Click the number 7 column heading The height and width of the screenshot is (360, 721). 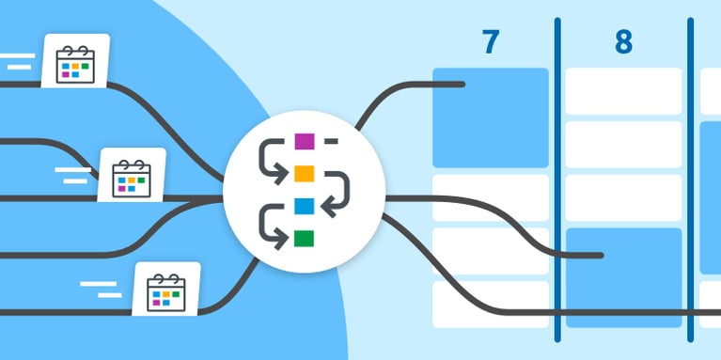tap(490, 42)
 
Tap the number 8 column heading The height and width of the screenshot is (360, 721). tap(623, 42)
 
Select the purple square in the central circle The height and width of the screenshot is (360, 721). tap(304, 142)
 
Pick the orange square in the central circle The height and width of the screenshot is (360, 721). tap(304, 173)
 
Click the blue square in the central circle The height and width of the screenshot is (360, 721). tap(304, 205)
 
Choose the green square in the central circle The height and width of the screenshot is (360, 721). tap(304, 238)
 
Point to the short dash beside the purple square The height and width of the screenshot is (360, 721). tap(331, 142)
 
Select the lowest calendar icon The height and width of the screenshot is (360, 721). tap(167, 291)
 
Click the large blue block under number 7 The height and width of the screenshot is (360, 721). tap(490, 117)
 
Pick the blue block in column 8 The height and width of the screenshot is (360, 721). tap(623, 277)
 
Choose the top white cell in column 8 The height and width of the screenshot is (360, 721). tap(623, 91)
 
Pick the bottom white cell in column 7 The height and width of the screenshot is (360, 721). tap(490, 305)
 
